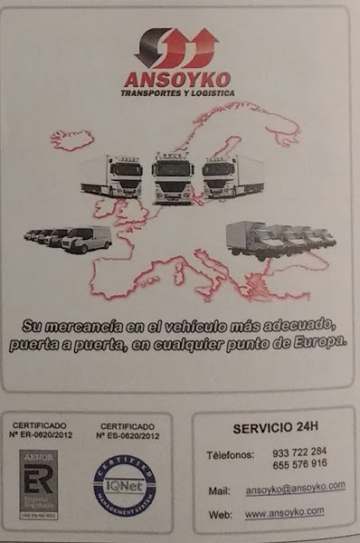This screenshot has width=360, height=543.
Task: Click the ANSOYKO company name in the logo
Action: (177, 80)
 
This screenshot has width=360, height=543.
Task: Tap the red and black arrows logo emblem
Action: (177, 48)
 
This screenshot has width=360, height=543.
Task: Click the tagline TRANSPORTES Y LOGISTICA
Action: (177, 93)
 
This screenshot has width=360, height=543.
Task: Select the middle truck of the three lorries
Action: (173, 176)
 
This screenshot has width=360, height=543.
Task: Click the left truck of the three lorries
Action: (114, 176)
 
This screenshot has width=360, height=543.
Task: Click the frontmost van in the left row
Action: (88, 239)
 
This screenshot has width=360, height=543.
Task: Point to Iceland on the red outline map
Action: (72, 139)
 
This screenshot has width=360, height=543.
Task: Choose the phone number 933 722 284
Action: (299, 452)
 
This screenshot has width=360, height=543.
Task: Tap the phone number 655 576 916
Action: (299, 463)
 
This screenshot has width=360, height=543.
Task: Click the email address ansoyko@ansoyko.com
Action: (295, 488)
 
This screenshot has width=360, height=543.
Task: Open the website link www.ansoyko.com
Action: (285, 512)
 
